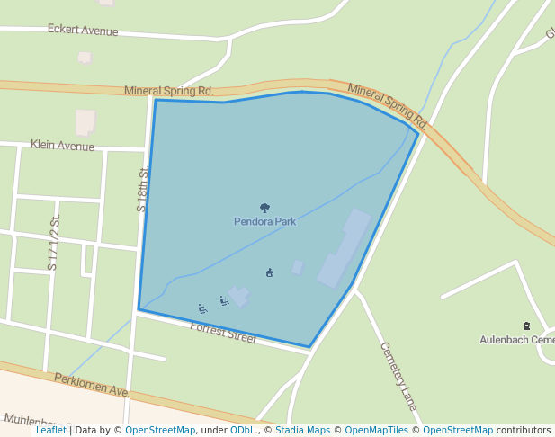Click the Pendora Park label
tap(264, 221)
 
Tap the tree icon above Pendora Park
tap(264, 208)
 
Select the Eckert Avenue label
tap(83, 31)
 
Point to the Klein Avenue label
tap(62, 145)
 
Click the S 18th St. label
tap(142, 189)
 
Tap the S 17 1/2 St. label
tap(54, 243)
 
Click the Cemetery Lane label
tap(398, 376)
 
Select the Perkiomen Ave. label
tap(92, 386)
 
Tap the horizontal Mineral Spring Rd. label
tap(168, 91)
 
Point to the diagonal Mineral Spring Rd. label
tap(387, 104)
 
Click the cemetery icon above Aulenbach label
tap(526, 326)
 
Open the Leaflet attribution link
tap(51, 430)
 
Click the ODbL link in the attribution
tap(243, 430)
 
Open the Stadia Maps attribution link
tap(302, 430)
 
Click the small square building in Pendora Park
tap(298, 268)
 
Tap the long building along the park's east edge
tap(344, 248)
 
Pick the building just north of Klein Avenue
tap(85, 121)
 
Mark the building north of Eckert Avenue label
tap(85, 58)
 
